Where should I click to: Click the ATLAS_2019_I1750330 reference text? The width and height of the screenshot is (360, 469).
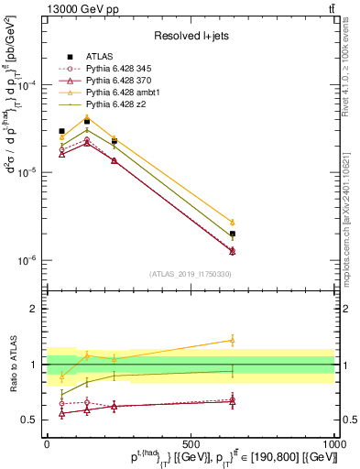coord(190,274)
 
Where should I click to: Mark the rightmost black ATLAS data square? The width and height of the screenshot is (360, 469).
coord(233,234)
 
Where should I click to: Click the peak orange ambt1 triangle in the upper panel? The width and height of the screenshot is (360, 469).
coord(87,116)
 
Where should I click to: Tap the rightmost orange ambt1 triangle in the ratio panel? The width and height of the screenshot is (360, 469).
coord(233,340)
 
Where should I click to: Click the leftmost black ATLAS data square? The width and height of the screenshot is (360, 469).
coord(61,131)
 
